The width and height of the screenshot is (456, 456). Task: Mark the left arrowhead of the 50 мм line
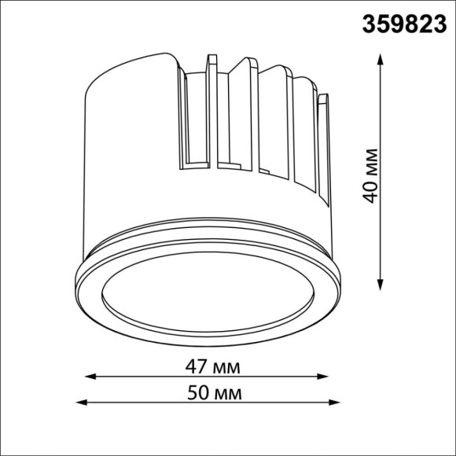point(81,403)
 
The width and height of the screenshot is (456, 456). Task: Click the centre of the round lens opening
point(210,290)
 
